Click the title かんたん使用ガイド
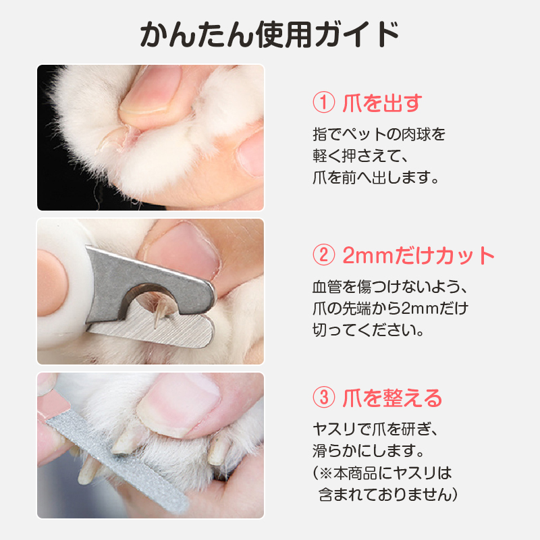269,34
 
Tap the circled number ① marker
323,103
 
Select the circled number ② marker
323,255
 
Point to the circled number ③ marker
323,398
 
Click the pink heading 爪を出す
382,103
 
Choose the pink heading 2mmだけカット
418,255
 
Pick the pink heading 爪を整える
392,398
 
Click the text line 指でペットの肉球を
379,134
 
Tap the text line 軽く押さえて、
360,156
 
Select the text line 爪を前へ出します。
376,178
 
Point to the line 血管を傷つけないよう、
390,286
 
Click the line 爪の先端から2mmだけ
390,308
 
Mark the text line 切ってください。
368,330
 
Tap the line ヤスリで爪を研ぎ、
375,429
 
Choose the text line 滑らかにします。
368,451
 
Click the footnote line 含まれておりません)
387,495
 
